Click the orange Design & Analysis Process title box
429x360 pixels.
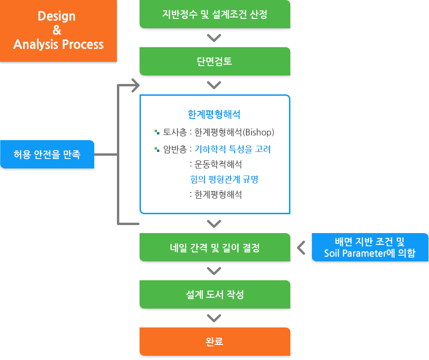58,31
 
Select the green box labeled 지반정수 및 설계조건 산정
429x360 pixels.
215,14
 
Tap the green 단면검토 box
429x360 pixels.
215,61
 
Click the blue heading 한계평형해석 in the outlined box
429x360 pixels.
214,115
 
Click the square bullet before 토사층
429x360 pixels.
157,132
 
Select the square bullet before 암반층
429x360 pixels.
157,149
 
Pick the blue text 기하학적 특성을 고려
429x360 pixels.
232,149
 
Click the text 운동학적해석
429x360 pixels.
218,164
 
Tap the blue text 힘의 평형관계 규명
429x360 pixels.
224,179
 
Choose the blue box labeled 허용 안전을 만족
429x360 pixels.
47,154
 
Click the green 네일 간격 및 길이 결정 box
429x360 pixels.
215,247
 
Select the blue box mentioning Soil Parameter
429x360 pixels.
370,247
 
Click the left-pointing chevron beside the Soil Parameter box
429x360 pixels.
301,248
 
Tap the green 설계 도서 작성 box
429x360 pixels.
215,294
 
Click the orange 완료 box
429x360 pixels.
215,342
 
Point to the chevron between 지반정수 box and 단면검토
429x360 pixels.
214,38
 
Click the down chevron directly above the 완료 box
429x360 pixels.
214,318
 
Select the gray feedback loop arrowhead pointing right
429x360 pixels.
136,85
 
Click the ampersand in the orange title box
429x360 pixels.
57,30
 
